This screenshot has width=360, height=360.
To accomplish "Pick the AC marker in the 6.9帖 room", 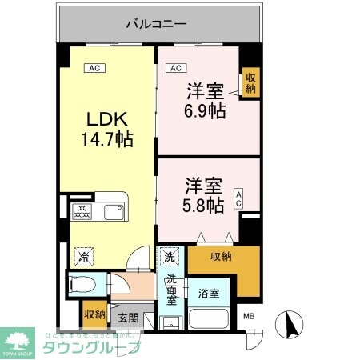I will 174,69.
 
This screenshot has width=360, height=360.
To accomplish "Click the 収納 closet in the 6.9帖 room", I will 251,82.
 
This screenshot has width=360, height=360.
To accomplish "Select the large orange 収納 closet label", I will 222,256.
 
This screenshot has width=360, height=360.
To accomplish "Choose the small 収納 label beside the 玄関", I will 94,313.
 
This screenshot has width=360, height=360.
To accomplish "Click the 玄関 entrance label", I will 129,318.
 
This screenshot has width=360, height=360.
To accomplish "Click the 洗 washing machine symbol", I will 170,257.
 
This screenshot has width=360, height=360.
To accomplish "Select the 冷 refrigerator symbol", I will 83,257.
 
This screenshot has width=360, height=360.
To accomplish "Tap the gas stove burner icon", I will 84,211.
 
